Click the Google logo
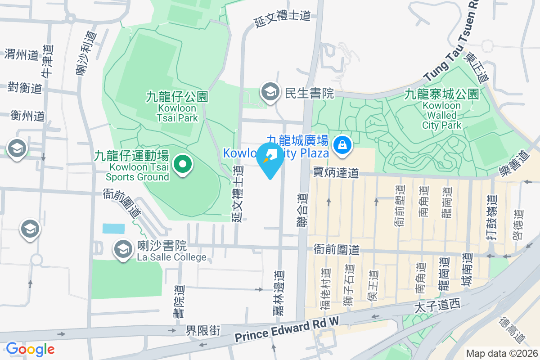pyautogui.click(x=30, y=349)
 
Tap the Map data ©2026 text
pyautogui.click(x=501, y=353)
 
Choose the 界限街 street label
pyautogui.click(x=203, y=331)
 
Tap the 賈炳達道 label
pyautogui.click(x=336, y=172)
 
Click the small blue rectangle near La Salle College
pyautogui.click(x=113, y=228)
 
